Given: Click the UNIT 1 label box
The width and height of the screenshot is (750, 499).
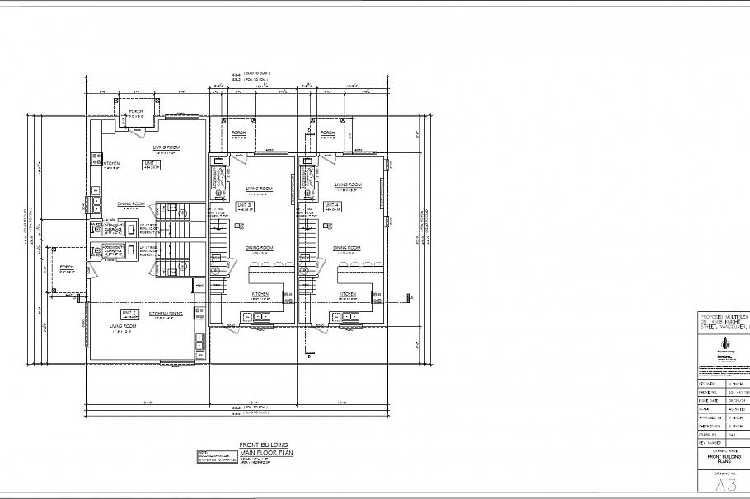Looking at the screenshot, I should [x=152, y=165].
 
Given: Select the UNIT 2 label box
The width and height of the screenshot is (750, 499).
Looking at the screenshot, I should [x=129, y=314].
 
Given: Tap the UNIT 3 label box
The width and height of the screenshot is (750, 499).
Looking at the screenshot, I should [x=245, y=206].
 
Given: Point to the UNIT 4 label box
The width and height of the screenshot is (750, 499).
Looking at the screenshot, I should [x=332, y=206].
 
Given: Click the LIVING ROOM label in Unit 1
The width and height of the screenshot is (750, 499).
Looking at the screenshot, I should [x=166, y=147].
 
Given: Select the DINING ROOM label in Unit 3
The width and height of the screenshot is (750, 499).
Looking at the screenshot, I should [x=260, y=247].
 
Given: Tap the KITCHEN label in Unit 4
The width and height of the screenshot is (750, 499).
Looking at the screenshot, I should [x=347, y=293].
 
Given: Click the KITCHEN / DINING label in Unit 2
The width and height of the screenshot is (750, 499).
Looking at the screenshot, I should [x=166, y=314].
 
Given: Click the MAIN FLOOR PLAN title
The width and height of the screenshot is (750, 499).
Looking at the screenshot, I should [x=259, y=452].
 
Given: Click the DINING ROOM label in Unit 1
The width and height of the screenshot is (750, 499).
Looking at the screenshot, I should [x=132, y=203].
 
